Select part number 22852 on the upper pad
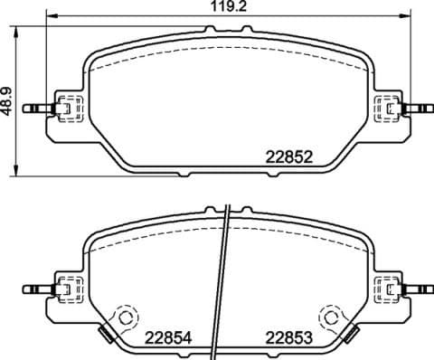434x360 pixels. [x=288, y=155]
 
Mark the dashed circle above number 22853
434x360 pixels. [x=331, y=317]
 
